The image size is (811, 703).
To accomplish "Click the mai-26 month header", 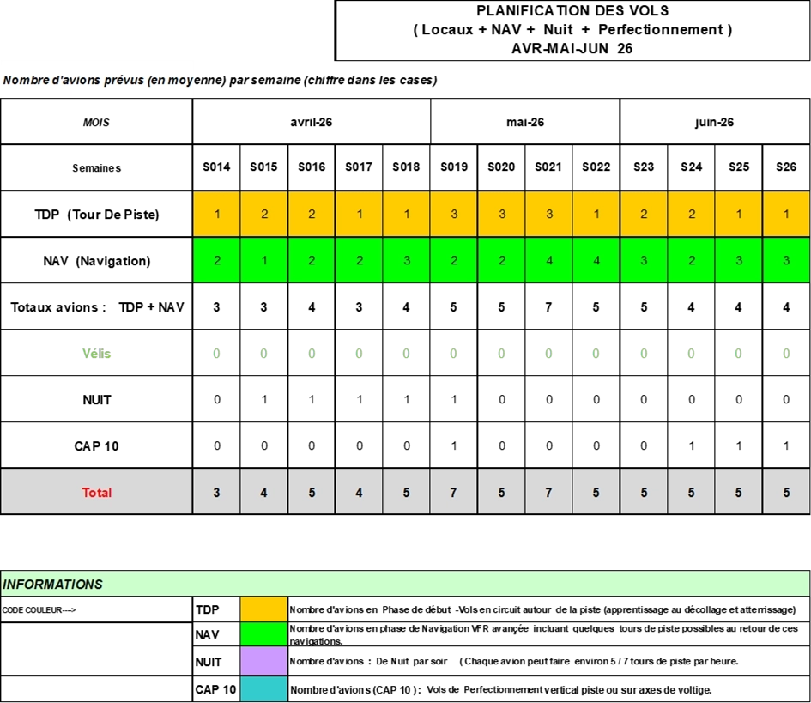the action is pyautogui.click(x=525, y=122).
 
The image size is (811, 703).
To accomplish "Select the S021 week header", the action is pyautogui.click(x=548, y=167).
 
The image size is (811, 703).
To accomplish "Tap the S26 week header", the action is pyautogui.click(x=786, y=167).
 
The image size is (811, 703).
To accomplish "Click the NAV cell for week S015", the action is pyautogui.click(x=263, y=260).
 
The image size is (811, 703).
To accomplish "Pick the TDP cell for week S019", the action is pyautogui.click(x=454, y=214).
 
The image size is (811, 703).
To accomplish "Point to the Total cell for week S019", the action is pyautogui.click(x=454, y=492).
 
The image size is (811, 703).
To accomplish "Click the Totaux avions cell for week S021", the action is pyautogui.click(x=548, y=306).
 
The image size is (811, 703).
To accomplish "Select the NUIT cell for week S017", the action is pyautogui.click(x=359, y=399).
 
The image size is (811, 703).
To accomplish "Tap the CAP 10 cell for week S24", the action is pyautogui.click(x=691, y=445).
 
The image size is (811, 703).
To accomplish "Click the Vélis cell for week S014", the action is pyautogui.click(x=217, y=354).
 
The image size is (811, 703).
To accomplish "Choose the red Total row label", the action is pyautogui.click(x=97, y=493).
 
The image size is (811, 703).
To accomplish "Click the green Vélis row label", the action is pyautogui.click(x=97, y=354).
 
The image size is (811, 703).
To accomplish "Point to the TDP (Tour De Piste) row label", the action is pyautogui.click(x=97, y=215).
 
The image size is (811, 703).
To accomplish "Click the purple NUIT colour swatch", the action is pyautogui.click(x=263, y=661).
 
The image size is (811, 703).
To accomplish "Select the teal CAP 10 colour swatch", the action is pyautogui.click(x=263, y=689).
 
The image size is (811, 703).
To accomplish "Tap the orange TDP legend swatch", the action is pyautogui.click(x=263, y=609).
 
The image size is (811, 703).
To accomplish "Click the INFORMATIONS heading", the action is pyautogui.click(x=52, y=585).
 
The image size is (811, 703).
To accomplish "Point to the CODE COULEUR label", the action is pyautogui.click(x=39, y=610).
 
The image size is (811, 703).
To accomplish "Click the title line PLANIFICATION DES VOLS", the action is pyautogui.click(x=572, y=11).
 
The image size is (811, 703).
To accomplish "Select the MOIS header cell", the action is pyautogui.click(x=96, y=122).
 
